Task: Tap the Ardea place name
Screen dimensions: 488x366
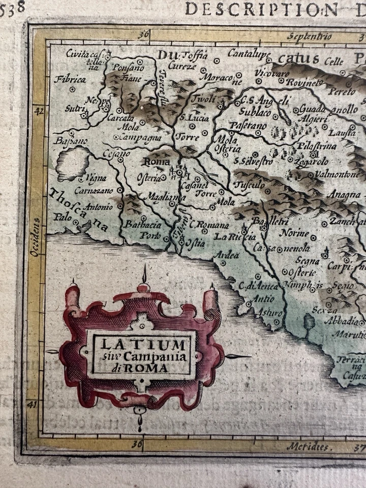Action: coord(227,255)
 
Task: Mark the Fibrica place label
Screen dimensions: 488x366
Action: coord(68,80)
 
